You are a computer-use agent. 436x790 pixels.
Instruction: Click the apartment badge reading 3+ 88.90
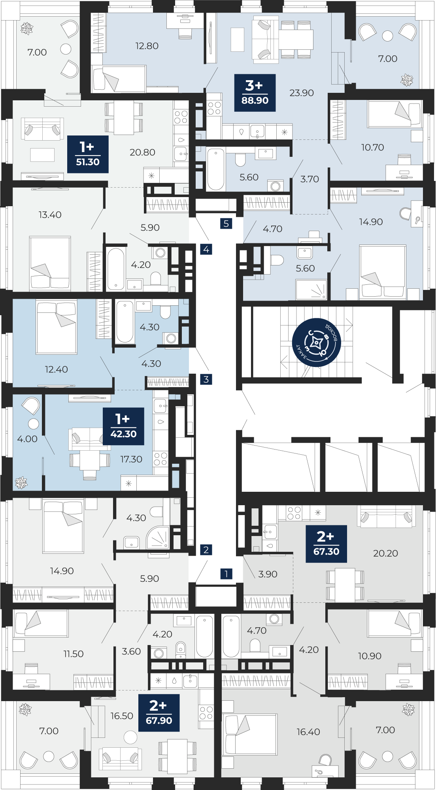pos(255,93)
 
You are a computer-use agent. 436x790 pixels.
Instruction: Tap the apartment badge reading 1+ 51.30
pos(88,154)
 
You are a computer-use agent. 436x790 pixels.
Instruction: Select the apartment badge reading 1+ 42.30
pos(123,426)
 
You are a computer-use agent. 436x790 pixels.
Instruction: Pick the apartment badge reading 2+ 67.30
pos(326,544)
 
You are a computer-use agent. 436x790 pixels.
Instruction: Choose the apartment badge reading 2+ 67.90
pos(159,713)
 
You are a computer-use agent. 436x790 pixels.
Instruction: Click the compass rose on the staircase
pos(316,342)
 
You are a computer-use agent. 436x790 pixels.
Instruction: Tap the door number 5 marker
pos(226,224)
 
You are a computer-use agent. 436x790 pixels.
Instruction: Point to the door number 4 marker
pos(206,249)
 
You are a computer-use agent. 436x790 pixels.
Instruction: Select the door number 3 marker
pos(206,379)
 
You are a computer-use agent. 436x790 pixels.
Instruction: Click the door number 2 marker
pos(206,549)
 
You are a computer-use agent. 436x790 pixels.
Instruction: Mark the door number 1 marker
pos(226,574)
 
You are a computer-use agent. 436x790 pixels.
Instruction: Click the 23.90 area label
pos(302,93)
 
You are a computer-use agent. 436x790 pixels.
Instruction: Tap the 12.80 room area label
pos(147,46)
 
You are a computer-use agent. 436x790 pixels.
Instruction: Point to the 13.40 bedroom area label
pos(50,214)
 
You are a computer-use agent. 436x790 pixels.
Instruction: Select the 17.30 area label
pos(131,459)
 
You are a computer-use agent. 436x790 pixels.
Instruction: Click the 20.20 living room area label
pos(385,553)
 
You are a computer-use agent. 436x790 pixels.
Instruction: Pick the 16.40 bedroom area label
pos(308,732)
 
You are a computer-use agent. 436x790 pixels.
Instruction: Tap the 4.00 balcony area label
pos(27,439)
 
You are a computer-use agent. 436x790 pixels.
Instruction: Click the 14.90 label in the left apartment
pos(62,571)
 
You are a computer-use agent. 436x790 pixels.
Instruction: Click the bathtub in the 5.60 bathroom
pos(216,169)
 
